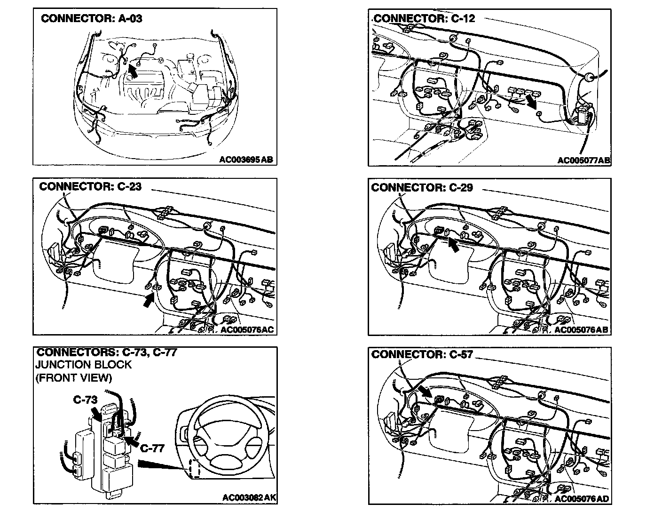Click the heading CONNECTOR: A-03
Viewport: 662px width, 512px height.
(x=91, y=19)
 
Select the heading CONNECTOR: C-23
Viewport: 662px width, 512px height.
(x=90, y=186)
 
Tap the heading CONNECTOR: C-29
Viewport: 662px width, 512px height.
(x=422, y=188)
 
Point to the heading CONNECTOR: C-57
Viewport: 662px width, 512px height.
(x=422, y=354)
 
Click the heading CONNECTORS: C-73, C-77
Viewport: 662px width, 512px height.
(x=106, y=352)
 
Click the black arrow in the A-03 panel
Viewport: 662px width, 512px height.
(x=133, y=70)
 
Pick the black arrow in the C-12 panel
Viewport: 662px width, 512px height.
(x=532, y=100)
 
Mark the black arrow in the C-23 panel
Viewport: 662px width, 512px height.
(x=149, y=299)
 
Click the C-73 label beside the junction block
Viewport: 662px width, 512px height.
(x=85, y=400)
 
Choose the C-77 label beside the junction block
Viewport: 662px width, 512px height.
(x=152, y=448)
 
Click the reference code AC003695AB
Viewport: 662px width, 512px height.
(x=246, y=160)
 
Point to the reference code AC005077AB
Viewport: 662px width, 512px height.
(x=583, y=160)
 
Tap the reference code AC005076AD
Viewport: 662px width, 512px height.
(x=582, y=498)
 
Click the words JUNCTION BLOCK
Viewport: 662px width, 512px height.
(x=84, y=365)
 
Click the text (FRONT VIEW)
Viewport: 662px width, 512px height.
(x=74, y=377)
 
